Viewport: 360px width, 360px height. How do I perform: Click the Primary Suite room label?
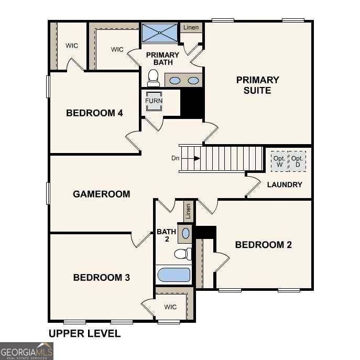coord(257,85)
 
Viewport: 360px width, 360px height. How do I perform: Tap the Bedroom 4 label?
coord(94,113)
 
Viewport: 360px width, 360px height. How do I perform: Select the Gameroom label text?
coord(101,194)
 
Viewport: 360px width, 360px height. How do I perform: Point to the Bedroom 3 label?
coord(101,277)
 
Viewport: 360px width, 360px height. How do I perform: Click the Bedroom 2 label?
coord(263,245)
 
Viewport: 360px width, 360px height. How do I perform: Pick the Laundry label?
coord(285,184)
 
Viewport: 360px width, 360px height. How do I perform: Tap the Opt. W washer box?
coord(279,162)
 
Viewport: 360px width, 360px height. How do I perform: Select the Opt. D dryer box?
coord(297,162)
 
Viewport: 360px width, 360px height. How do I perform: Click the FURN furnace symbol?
coord(154,101)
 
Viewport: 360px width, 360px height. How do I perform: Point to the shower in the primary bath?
coord(160,33)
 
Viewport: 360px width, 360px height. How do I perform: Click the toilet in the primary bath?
coord(154,79)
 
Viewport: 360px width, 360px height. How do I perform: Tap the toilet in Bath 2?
coord(182,254)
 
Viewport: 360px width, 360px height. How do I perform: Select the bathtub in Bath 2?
coord(173,275)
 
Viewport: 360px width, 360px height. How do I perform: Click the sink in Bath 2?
coord(186,233)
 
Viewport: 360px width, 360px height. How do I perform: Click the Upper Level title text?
coord(84,333)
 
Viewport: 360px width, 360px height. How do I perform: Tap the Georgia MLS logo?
coord(27,351)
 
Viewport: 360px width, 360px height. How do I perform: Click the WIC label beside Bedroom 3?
coord(170,307)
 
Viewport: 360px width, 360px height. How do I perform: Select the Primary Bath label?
coord(162,59)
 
